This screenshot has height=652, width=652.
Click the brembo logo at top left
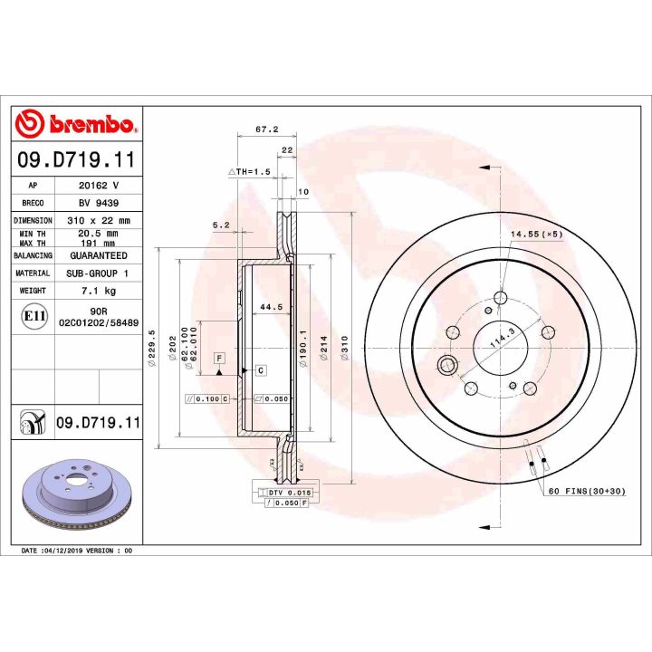click(76, 125)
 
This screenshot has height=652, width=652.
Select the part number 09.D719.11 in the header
click(76, 161)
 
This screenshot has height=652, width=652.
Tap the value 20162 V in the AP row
click(99, 184)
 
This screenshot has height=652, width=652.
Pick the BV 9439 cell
click(99, 203)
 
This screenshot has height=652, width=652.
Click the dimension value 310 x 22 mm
click(99, 220)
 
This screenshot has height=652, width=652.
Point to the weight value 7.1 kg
click(99, 290)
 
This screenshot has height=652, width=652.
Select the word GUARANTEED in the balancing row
click(99, 255)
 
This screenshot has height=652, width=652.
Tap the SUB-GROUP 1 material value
click(99, 273)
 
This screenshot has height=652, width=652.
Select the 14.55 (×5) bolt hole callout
click(536, 235)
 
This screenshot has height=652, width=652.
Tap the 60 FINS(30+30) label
click(585, 491)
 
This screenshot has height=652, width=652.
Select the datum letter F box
click(219, 359)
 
